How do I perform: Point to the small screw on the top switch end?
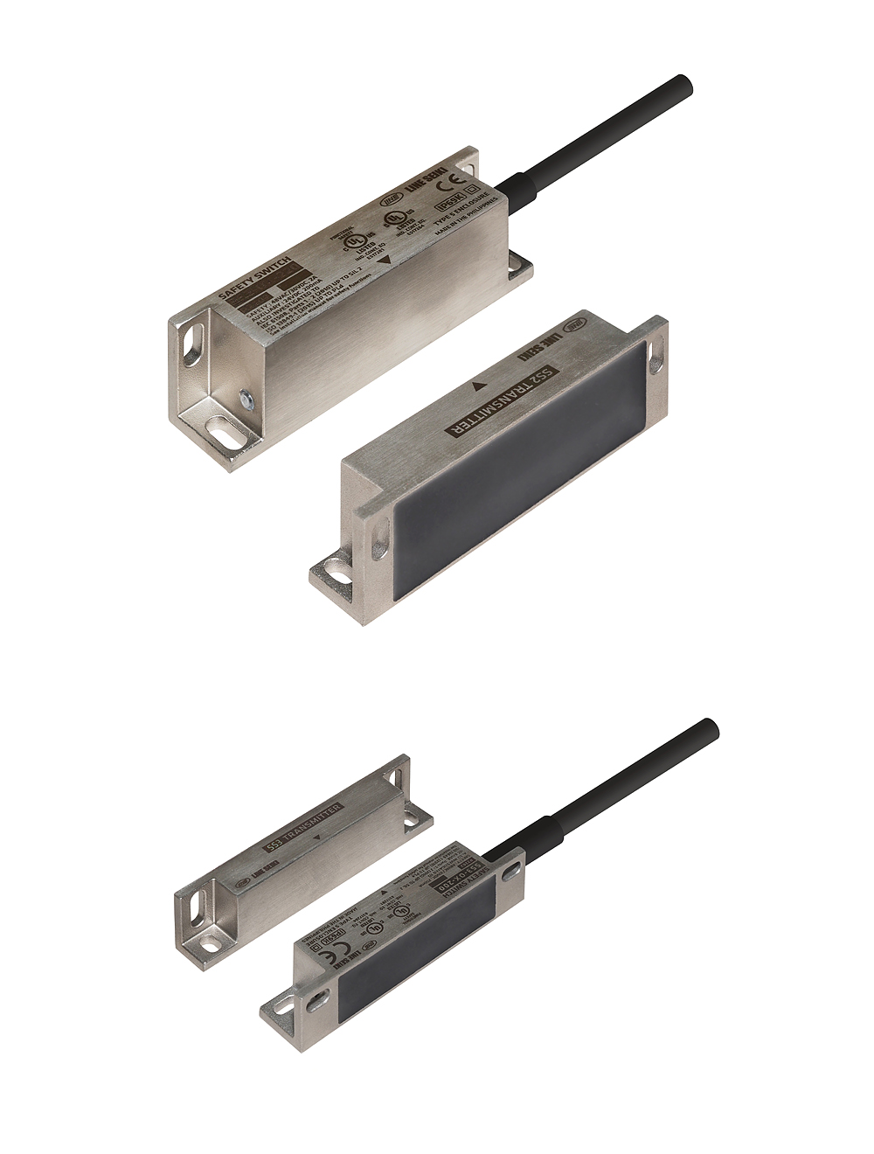tap(247, 399)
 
